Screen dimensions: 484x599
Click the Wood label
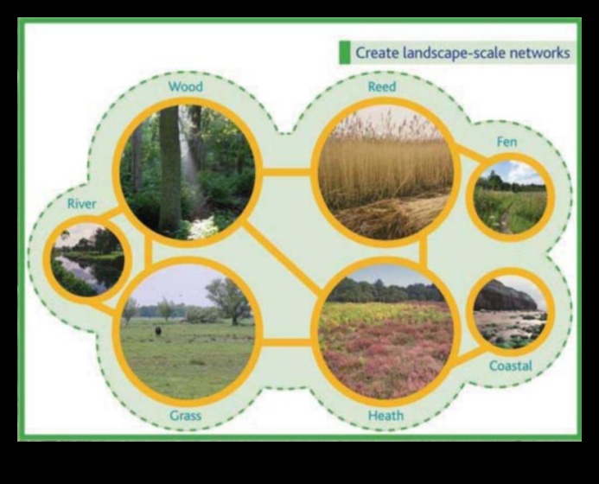pos(187,86)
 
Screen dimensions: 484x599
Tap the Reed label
pos(382,87)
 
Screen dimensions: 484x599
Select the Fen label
pos(507,142)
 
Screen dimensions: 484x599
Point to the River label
pos(82,204)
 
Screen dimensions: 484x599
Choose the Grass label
pos(185,416)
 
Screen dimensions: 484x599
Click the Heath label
pos(386,416)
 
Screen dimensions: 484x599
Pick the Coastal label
pos(511,366)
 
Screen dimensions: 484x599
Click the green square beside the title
pos(344,53)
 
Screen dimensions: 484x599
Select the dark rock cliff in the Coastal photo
pos(505,296)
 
